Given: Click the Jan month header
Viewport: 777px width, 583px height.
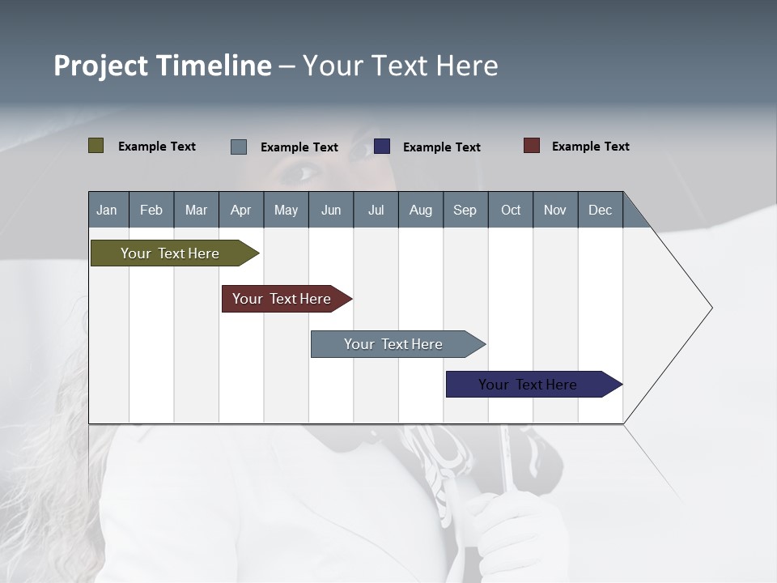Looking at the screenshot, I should point(107,210).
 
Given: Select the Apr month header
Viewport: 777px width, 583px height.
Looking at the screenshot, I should point(240,210).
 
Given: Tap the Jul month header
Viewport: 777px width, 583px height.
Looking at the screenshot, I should point(376,210).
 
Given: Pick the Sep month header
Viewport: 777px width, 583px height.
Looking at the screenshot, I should point(465,210).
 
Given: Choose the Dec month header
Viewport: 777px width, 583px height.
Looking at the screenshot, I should point(600,210).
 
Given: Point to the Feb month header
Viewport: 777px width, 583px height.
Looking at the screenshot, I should point(151,210).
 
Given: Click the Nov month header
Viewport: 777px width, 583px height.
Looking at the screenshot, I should point(554,210).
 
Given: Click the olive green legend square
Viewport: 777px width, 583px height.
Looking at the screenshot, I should point(96,146).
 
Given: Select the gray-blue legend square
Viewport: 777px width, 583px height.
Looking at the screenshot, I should point(239,147).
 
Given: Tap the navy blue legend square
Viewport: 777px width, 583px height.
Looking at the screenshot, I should point(382,147).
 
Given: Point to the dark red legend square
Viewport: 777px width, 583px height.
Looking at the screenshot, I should point(532,146).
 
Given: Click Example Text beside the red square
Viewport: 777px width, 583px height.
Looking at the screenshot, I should point(590,147).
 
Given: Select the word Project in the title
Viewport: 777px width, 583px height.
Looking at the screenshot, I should point(102,66).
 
